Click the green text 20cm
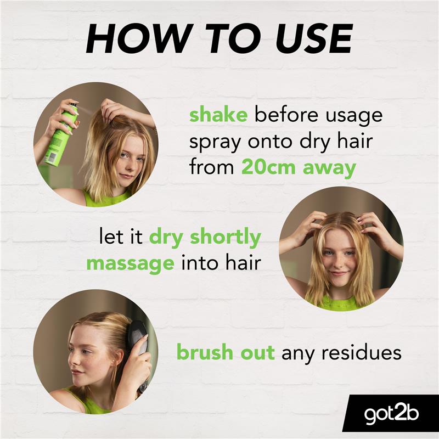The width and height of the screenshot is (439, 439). [268, 167]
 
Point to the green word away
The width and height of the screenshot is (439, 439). [329, 169]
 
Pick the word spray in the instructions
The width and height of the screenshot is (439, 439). [215, 143]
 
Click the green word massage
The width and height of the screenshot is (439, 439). [131, 264]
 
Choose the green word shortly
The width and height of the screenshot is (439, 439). [225, 238]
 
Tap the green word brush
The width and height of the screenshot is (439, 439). [205, 352]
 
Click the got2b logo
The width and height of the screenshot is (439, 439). [391, 414]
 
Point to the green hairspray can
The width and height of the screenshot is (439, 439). [61, 134]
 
